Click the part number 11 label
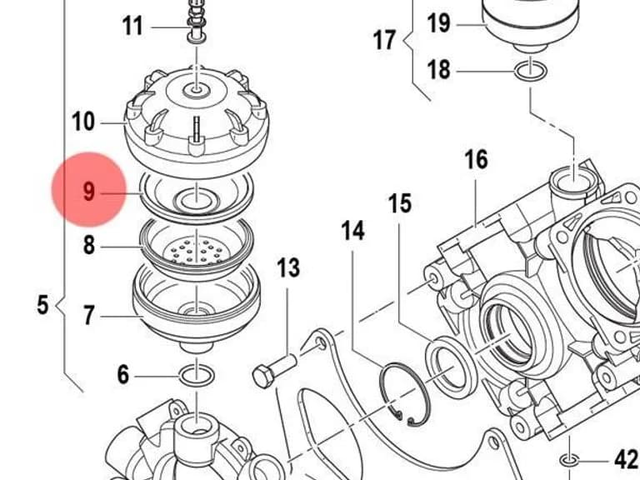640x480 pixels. [x=132, y=27]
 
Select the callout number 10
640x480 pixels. [x=83, y=122]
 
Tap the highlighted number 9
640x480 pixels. [x=88, y=191]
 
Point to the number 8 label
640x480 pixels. [x=89, y=246]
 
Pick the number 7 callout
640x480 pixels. [x=89, y=315]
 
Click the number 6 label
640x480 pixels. [x=123, y=375]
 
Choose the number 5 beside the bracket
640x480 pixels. [x=42, y=305]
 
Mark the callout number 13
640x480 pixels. [x=288, y=267]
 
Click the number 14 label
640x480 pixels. [x=353, y=231]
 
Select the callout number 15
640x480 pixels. [x=400, y=203]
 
